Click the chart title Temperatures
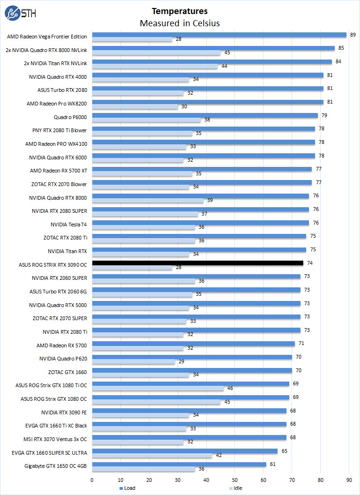180,11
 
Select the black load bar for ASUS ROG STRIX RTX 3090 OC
197,263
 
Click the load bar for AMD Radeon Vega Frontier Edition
219,35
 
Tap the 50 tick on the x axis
235,480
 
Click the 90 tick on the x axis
349,480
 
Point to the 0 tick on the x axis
92,480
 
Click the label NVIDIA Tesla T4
68,225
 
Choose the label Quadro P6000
70,116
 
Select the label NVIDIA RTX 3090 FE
64,412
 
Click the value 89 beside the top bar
352,35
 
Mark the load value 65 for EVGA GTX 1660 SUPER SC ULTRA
284,451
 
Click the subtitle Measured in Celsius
180,23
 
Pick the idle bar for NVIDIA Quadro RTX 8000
148,200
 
